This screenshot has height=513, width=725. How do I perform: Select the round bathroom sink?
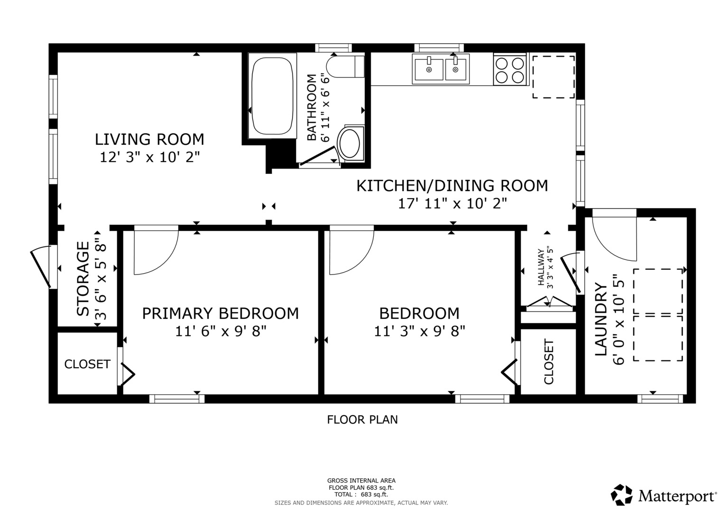(x=349, y=143)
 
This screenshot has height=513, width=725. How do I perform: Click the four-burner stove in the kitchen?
(x=510, y=70)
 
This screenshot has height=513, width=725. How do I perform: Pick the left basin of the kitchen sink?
(x=428, y=69)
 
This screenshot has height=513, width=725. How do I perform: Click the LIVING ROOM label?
(x=150, y=139)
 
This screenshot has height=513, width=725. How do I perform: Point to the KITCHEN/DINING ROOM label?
(x=452, y=185)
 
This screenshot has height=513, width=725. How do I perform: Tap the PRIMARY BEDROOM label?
(x=220, y=313)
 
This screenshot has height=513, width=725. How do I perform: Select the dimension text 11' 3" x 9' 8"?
(x=419, y=331)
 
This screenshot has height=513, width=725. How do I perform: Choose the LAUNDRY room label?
(x=601, y=319)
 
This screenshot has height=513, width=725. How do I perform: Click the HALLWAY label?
(x=541, y=267)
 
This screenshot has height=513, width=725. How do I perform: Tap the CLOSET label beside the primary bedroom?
(x=87, y=364)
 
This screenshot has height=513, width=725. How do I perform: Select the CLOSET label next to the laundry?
(x=549, y=361)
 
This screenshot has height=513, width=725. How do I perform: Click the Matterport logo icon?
(x=621, y=495)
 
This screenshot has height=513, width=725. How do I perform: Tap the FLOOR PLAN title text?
(x=362, y=419)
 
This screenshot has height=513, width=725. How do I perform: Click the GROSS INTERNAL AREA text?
(x=361, y=481)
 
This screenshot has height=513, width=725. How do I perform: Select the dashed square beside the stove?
(x=553, y=77)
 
